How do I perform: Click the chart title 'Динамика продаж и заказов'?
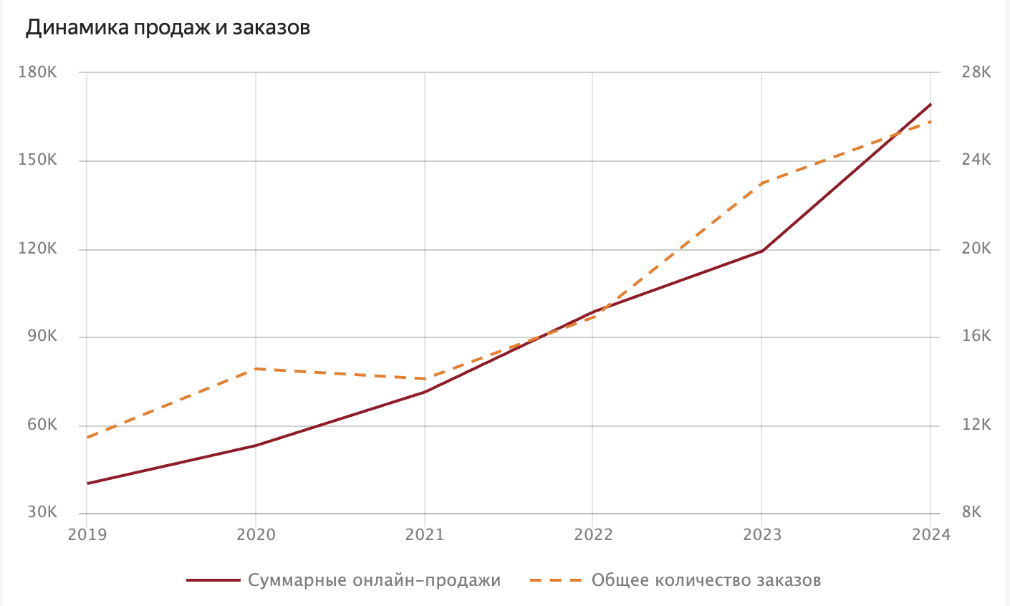click(x=168, y=28)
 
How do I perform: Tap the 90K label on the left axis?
click(x=42, y=337)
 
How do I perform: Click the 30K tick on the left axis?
click(x=42, y=513)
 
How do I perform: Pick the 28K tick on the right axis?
click(x=976, y=72)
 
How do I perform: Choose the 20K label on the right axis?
click(x=976, y=249)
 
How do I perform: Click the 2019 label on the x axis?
click(x=86, y=535)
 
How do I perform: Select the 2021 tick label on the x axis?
click(x=424, y=535)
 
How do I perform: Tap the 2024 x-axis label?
click(x=930, y=535)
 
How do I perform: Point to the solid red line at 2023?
click(x=761, y=251)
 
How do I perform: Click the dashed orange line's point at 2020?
click(x=256, y=369)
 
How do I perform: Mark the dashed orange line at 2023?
click(x=761, y=183)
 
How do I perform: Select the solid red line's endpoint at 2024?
click(x=930, y=105)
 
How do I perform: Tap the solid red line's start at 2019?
click(x=87, y=484)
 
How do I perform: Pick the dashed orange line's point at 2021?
click(x=424, y=379)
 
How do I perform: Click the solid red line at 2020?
click(x=256, y=446)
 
